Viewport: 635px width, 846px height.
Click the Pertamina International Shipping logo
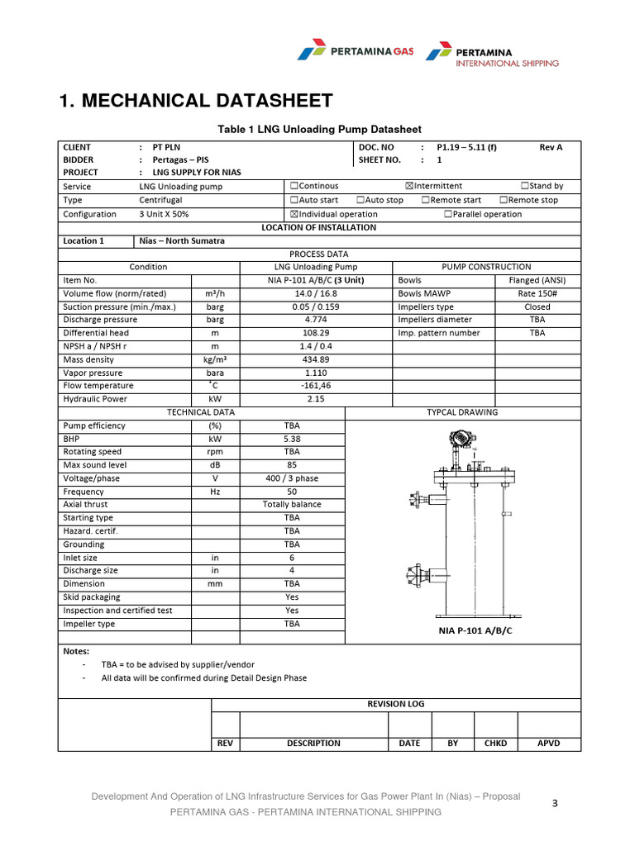[492, 55]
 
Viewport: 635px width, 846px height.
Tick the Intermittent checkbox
[409, 187]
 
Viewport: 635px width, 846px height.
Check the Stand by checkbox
[525, 187]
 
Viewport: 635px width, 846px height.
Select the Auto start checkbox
[294, 200]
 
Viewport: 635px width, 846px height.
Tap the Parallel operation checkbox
[448, 214]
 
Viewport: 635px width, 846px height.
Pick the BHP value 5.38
[292, 439]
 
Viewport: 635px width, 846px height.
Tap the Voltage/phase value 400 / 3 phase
[292, 478]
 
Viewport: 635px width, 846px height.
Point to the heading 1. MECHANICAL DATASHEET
[196, 101]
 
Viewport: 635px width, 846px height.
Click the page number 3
[556, 802]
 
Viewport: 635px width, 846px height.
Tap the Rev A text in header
[551, 147]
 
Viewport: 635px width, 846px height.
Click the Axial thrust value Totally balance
[292, 504]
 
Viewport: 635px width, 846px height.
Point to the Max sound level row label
[95, 465]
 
